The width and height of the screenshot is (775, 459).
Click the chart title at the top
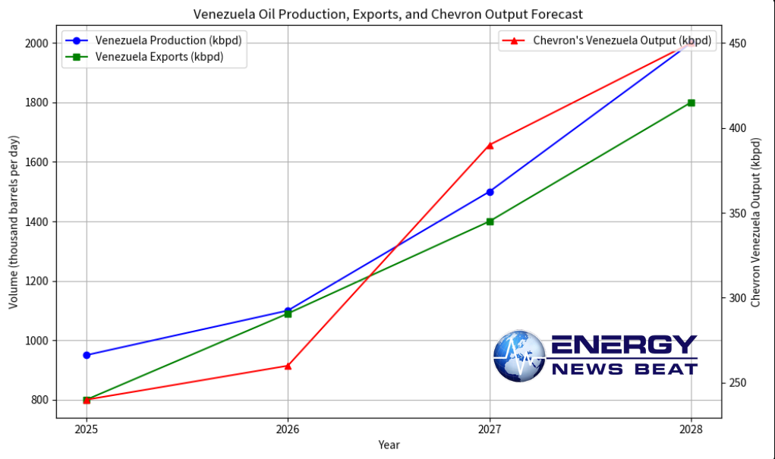(x=388, y=14)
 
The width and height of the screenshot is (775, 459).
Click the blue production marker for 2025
(x=87, y=355)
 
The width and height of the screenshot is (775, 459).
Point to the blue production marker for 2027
(x=490, y=192)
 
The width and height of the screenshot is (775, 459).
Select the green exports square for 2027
(x=490, y=222)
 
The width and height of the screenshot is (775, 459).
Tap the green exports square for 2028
(x=691, y=102)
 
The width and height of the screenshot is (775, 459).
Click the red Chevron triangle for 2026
(x=288, y=366)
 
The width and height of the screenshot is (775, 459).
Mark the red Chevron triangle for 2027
(x=490, y=144)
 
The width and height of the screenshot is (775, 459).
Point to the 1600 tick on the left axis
(x=39, y=162)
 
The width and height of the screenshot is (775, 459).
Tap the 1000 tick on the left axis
(x=39, y=341)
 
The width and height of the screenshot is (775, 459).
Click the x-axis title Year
(x=389, y=445)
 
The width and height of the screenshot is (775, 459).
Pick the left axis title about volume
(x=14, y=222)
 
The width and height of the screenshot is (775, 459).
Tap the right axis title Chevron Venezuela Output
(x=755, y=222)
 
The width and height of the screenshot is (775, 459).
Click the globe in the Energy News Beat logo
(x=519, y=356)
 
